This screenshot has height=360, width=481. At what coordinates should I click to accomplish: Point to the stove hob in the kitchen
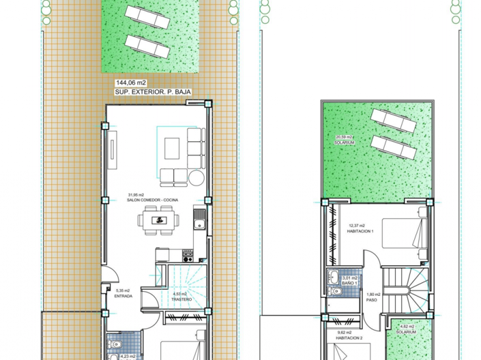coord(188,256)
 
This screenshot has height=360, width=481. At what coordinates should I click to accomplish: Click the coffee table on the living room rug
coord(173,145)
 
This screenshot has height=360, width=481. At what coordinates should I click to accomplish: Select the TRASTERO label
coord(181,299)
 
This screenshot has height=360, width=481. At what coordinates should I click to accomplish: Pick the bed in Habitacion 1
coord(403,235)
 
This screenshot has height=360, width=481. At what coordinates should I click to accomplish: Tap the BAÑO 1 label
coord(349,282)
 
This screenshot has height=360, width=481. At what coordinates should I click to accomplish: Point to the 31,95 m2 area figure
coord(136,195)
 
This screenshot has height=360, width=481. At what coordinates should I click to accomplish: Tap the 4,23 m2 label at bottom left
coord(128,356)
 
